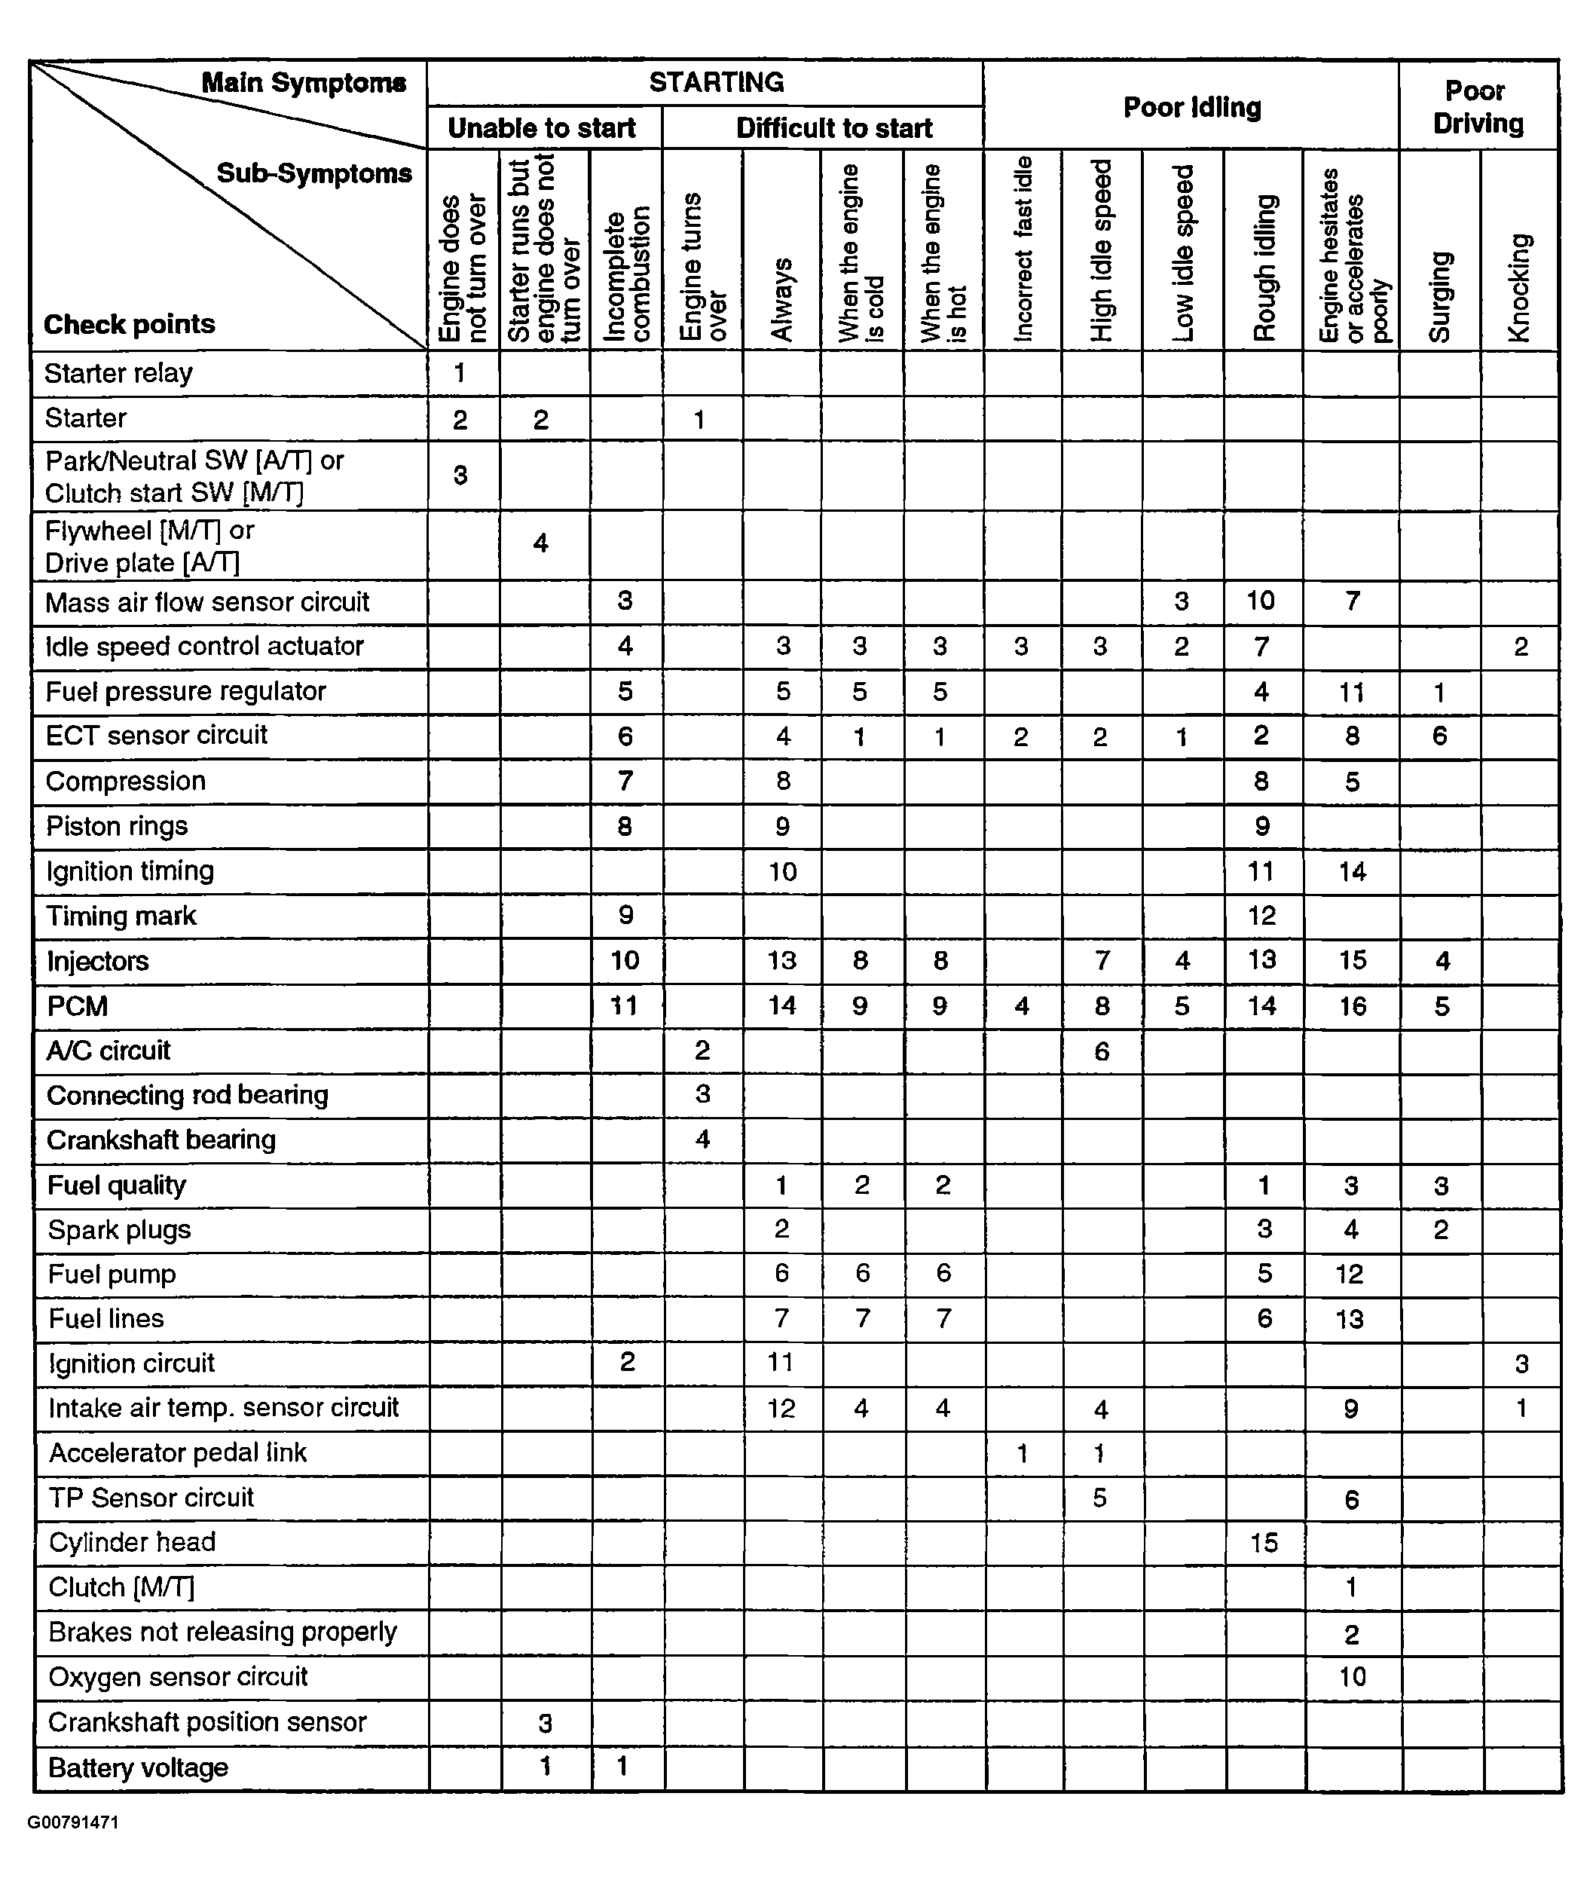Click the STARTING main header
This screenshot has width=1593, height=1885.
[x=716, y=83]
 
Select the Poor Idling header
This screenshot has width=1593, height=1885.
[x=1191, y=108]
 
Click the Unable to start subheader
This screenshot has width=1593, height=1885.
[x=542, y=128]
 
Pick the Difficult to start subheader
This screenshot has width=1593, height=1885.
[x=834, y=128]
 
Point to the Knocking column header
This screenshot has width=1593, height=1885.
[x=1520, y=289]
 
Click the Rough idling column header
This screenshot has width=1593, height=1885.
[x=1264, y=268]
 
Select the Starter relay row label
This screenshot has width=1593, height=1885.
[x=118, y=373]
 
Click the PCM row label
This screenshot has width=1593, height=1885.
[x=78, y=1006]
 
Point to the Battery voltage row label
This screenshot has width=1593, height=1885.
[x=138, y=1767]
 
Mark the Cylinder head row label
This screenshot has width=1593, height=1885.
[x=133, y=1542]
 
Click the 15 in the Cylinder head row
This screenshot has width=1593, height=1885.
[x=1264, y=1543]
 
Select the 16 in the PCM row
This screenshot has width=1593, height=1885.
[x=1352, y=1006]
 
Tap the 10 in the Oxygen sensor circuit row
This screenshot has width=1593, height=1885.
[x=1352, y=1677]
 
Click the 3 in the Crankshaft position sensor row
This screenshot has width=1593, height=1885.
[x=545, y=1723]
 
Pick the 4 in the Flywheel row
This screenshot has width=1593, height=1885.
[x=540, y=543]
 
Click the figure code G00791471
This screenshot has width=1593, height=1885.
[x=73, y=1822]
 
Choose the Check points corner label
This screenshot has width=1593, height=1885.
[x=129, y=324]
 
